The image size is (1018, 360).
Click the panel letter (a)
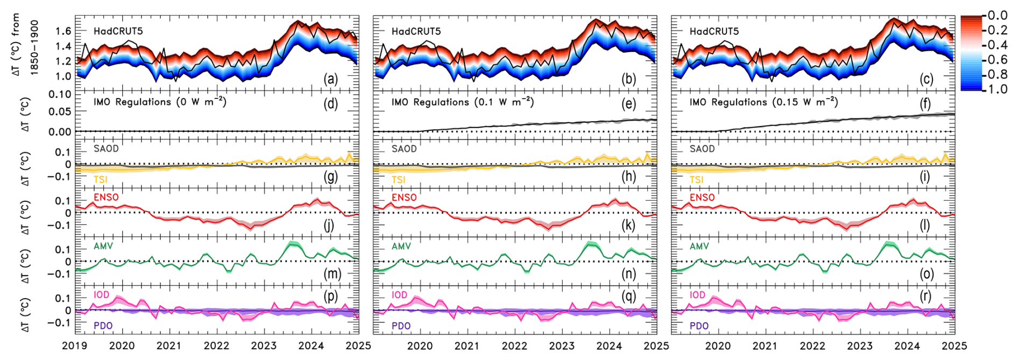(x=330, y=79)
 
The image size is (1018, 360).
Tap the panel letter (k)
(x=628, y=225)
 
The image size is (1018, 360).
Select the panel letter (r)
(x=926, y=296)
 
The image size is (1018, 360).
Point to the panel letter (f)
(x=925, y=103)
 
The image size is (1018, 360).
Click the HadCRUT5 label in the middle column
(x=416, y=31)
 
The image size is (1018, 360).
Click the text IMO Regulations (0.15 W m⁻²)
(x=763, y=102)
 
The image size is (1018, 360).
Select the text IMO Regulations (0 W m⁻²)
(x=160, y=102)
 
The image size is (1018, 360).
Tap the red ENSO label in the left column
(x=106, y=197)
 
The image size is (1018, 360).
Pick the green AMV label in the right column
(x=699, y=246)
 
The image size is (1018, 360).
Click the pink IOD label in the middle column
(x=399, y=295)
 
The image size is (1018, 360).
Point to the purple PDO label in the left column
(x=103, y=326)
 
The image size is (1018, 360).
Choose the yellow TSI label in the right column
(x=696, y=180)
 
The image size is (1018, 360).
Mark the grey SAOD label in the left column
(x=106, y=149)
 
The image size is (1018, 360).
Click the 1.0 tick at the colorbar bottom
(x=998, y=89)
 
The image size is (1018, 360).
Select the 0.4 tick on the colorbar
(x=998, y=45)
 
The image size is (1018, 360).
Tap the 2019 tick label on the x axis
(x=75, y=346)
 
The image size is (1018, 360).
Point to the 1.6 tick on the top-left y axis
(x=63, y=31)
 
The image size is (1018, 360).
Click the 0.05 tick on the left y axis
(x=60, y=111)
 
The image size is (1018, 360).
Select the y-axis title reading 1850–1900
(x=34, y=47)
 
